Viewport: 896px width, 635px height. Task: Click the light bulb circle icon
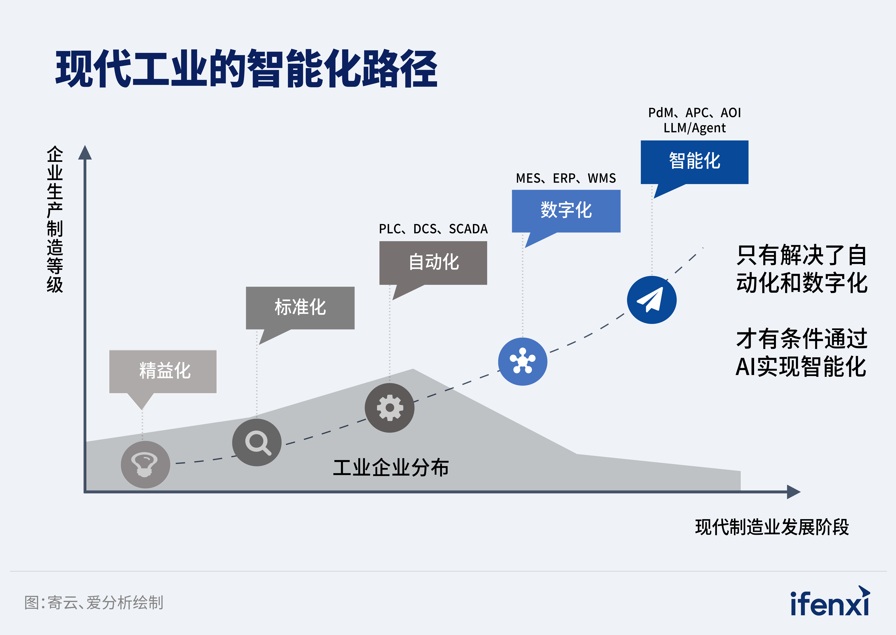[x=145, y=465]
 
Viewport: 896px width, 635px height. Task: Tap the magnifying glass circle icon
[x=257, y=442]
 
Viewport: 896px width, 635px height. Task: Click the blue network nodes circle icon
[x=523, y=361]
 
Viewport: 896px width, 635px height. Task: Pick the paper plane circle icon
[x=652, y=300]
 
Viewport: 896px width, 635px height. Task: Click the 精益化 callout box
[x=163, y=371]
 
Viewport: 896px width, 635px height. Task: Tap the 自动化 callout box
[x=433, y=262]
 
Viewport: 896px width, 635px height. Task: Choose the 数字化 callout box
[x=566, y=211]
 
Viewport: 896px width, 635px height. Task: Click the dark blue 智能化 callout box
[x=694, y=162]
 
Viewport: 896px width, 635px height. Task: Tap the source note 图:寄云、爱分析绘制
[x=94, y=603]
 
